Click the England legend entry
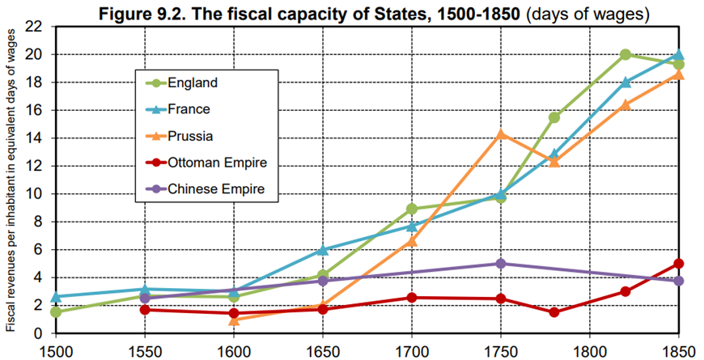click(193, 83)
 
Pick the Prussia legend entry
click(191, 136)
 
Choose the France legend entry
click(189, 109)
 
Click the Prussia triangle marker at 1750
click(501, 134)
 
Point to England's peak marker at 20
click(625, 55)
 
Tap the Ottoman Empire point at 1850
click(678, 264)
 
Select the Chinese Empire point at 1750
click(501, 264)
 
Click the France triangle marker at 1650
click(323, 250)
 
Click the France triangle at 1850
click(678, 55)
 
